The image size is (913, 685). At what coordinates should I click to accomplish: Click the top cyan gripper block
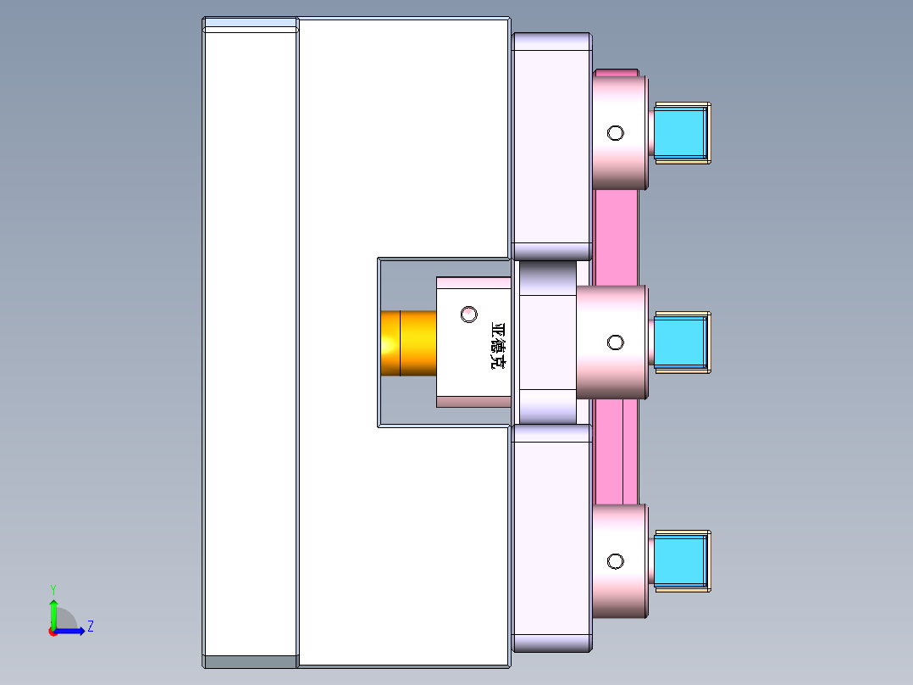pos(679,131)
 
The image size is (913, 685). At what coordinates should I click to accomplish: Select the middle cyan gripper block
pos(679,342)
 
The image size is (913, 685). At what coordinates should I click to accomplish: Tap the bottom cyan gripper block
pos(679,560)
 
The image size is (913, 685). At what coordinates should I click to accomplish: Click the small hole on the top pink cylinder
pos(616,132)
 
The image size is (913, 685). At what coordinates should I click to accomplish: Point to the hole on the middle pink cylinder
pos(616,342)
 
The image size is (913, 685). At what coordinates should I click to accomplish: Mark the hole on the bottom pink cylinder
pos(616,561)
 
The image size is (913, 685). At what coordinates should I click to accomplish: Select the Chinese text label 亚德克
pos(499,346)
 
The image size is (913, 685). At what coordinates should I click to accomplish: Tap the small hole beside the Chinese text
pos(469,314)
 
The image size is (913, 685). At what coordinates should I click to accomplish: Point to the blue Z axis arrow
pos(72,631)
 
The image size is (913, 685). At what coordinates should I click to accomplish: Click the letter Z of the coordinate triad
pos(90,627)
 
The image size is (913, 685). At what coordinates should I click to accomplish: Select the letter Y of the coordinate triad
pos(53,588)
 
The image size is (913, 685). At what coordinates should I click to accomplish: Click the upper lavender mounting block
pos(551,146)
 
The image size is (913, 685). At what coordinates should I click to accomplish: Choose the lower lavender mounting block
pos(551,537)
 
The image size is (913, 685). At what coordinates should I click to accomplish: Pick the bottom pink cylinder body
pos(620,593)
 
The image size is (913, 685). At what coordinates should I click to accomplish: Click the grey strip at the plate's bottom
pos(251,661)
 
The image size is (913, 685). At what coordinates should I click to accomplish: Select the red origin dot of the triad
pos(53,632)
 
